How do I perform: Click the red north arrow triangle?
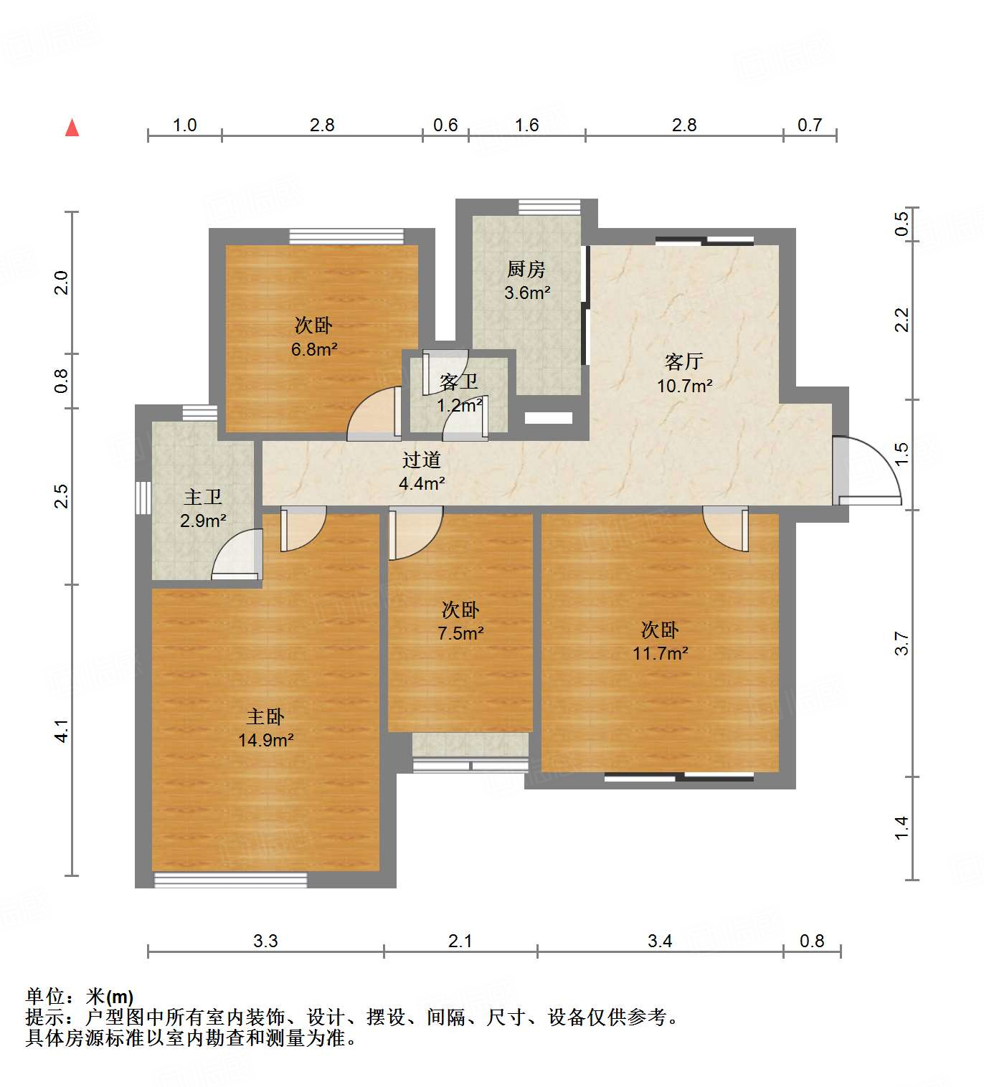click(72, 128)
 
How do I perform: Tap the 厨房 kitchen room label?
click(526, 270)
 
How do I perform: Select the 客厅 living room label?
click(683, 361)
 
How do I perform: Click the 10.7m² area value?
click(684, 386)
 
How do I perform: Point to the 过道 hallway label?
click(422, 460)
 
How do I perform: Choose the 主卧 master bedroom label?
click(265, 716)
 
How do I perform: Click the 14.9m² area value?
click(265, 740)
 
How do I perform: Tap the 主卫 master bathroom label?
click(203, 497)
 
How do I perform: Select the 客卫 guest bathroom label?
click(459, 381)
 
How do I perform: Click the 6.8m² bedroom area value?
click(314, 349)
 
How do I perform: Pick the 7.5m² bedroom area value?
click(460, 633)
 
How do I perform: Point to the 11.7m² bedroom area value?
click(660, 653)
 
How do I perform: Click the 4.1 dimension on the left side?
click(62, 731)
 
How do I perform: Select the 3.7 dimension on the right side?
click(902, 643)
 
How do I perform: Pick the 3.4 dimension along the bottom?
click(660, 941)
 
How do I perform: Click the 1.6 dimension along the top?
click(526, 125)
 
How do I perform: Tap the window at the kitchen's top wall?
click(549, 207)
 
